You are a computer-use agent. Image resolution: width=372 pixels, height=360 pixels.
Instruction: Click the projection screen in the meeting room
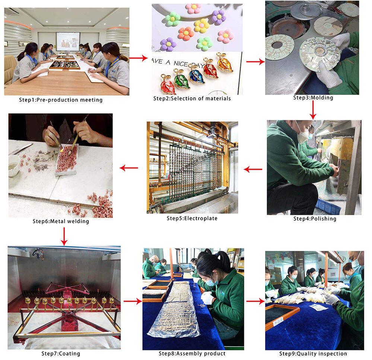(68, 41)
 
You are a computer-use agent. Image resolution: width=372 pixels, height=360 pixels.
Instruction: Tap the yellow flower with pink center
(202, 25)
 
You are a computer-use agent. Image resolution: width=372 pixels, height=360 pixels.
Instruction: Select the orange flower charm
(186, 33)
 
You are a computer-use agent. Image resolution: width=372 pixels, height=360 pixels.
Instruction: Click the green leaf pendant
(182, 79)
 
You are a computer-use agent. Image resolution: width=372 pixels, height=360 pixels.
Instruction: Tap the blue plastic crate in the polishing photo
(328, 206)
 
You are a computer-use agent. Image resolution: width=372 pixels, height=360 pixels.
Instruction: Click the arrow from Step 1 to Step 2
(139, 58)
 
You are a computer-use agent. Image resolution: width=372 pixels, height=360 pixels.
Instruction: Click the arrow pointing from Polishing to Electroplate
(253, 169)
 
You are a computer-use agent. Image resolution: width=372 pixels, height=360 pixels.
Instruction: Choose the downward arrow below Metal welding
(64, 236)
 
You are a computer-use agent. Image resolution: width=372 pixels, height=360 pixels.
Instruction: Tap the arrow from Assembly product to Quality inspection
(255, 301)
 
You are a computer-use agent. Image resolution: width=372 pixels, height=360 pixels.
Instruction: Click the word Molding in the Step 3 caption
(322, 98)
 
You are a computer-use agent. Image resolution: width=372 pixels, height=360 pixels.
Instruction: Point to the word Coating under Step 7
(69, 354)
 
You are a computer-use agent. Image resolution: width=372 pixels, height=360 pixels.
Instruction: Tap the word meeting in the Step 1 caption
(91, 100)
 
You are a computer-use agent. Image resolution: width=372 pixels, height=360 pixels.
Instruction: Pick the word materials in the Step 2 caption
(218, 98)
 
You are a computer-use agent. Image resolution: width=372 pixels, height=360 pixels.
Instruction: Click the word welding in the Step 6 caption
(78, 221)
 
